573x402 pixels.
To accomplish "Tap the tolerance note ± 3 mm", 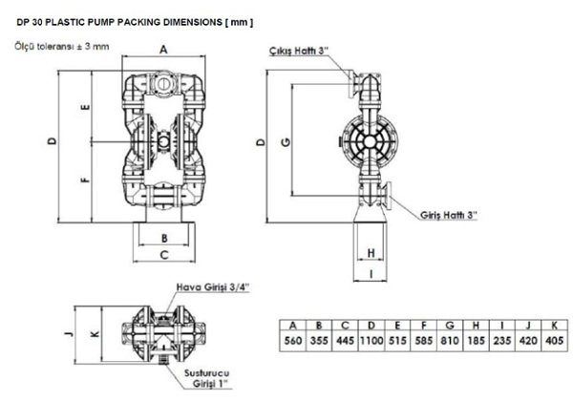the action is click(x=93, y=47).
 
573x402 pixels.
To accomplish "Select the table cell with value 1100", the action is click(x=371, y=341).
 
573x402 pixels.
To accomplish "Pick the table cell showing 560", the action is click(x=293, y=341).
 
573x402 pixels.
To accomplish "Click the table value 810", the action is click(x=450, y=341).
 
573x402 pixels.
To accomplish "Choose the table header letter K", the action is click(x=554, y=325).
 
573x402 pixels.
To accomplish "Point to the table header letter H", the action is click(x=476, y=325).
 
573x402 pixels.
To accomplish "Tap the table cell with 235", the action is click(x=501, y=341).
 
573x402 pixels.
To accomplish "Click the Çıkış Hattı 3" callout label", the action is click(x=297, y=51).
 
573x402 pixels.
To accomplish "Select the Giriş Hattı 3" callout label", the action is click(x=449, y=215).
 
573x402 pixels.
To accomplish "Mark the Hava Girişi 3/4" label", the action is click(x=213, y=286).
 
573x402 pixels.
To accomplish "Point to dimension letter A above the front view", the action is click(x=163, y=50).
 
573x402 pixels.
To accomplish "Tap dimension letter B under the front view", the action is click(x=164, y=239).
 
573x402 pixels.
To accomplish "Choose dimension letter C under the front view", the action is click(x=164, y=255).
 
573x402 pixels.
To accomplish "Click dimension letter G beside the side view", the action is click(x=286, y=141).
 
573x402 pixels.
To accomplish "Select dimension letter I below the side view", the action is click(x=371, y=274).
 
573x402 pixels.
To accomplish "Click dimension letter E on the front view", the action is click(x=86, y=107).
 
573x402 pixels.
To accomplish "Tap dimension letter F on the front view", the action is click(x=86, y=180).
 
